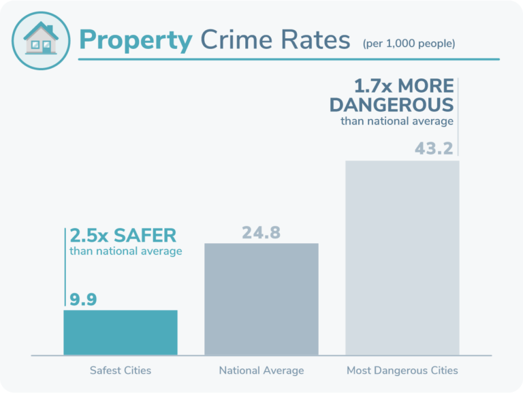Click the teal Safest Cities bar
click(x=120, y=332)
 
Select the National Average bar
click(x=261, y=299)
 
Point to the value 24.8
click(x=261, y=232)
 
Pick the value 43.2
click(x=434, y=148)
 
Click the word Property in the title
click(x=136, y=41)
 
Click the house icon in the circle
click(x=41, y=39)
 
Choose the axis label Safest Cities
click(x=120, y=371)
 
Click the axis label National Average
click(x=261, y=371)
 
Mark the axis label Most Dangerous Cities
click(x=402, y=371)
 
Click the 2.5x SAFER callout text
click(x=123, y=236)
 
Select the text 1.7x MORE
click(x=403, y=87)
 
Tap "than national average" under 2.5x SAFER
click(x=125, y=251)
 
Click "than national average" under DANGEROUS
click(x=397, y=121)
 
